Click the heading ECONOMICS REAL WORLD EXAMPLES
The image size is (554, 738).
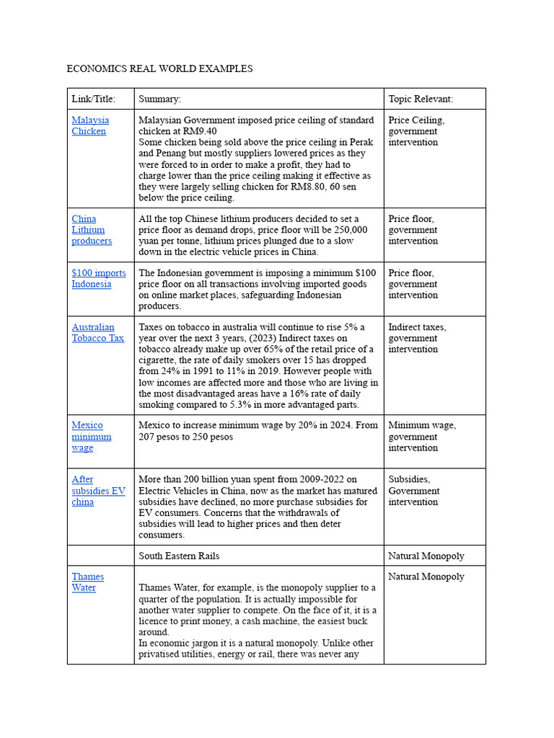click(159, 69)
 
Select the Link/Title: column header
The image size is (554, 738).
click(93, 99)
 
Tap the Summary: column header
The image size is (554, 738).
click(159, 99)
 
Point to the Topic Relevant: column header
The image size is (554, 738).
click(421, 99)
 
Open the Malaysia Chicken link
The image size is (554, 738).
click(90, 125)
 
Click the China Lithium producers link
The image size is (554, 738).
click(91, 230)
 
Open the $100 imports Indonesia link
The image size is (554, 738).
click(98, 278)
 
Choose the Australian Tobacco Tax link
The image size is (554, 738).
click(97, 332)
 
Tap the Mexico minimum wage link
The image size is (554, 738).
click(91, 436)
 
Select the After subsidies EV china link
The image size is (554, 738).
click(97, 490)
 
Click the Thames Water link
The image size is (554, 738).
click(87, 582)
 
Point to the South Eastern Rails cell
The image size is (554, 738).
click(179, 556)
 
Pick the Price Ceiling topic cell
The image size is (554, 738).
click(416, 131)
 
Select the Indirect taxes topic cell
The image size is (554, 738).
click(417, 338)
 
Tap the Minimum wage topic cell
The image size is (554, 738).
click(421, 436)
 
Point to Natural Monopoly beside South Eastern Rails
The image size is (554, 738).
click(426, 556)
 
